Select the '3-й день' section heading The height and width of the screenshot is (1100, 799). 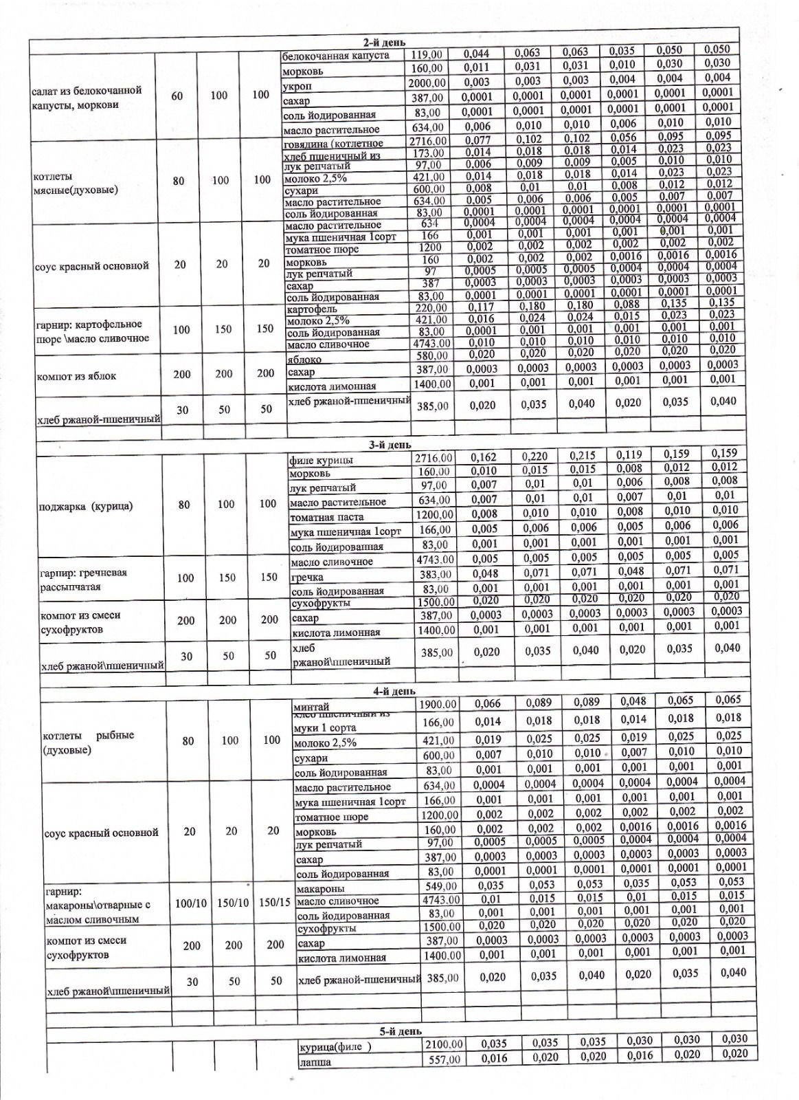[390, 445]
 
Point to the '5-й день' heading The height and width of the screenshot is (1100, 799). [401, 1031]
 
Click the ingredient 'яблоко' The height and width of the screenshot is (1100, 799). [304, 359]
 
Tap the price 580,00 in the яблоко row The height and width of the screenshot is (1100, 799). [434, 355]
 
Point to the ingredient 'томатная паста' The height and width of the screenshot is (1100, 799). [326, 517]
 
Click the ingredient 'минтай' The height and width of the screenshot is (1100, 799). [311, 707]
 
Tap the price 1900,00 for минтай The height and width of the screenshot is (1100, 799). [438, 704]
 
